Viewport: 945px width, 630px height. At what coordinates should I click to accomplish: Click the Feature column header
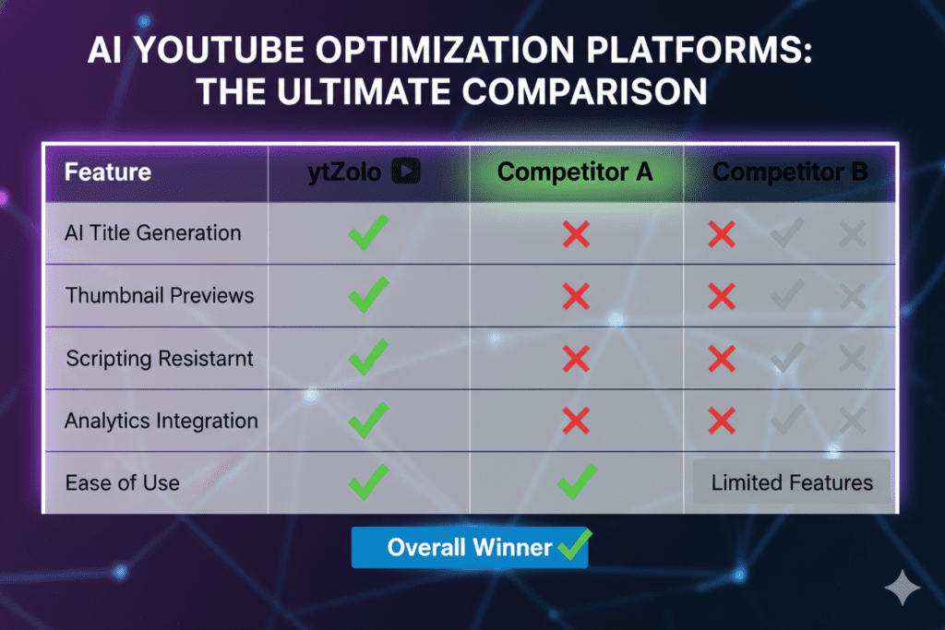click(108, 172)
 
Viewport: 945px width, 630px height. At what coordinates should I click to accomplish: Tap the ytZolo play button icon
click(406, 171)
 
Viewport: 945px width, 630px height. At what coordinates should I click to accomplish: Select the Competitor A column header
click(575, 172)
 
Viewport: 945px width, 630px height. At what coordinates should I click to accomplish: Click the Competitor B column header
click(790, 172)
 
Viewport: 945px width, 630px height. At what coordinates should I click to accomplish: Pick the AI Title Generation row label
click(153, 233)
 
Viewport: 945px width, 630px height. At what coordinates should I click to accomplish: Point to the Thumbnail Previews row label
click(160, 296)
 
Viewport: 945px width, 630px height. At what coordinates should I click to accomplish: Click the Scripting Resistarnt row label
click(160, 359)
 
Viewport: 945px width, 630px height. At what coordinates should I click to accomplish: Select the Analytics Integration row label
click(161, 421)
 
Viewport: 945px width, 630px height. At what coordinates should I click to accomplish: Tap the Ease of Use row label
click(123, 483)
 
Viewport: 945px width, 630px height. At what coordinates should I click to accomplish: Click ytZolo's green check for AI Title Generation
click(368, 232)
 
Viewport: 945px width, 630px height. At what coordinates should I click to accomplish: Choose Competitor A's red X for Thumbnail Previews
click(576, 296)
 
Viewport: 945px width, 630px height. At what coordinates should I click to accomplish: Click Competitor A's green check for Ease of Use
click(577, 481)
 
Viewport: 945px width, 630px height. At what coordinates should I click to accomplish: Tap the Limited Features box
click(791, 481)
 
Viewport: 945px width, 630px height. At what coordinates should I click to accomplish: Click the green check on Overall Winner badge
click(574, 545)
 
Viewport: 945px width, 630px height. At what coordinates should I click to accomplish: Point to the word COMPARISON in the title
click(584, 92)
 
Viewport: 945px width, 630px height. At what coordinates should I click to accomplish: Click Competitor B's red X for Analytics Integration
click(722, 421)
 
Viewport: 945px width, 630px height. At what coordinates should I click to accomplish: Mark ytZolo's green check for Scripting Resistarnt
click(368, 357)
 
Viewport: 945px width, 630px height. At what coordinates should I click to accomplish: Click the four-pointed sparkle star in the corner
click(903, 588)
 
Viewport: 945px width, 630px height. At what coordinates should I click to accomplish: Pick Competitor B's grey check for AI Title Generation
click(787, 233)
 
